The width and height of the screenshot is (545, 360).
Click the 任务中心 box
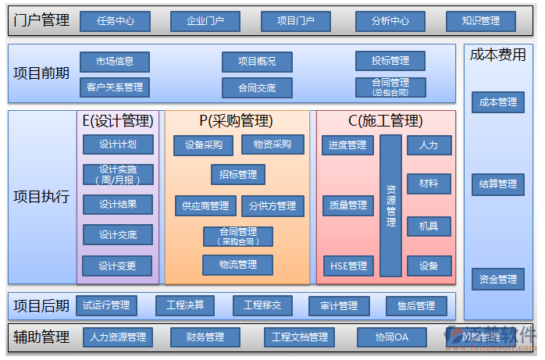tap(115, 21)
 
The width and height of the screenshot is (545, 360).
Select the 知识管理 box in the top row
tap(481, 21)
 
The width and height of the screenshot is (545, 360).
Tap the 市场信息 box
tap(115, 61)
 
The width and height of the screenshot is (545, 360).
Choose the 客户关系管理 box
tap(115, 87)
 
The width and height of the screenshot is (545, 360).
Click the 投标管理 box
tap(390, 61)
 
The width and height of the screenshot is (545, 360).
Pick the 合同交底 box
tap(257, 87)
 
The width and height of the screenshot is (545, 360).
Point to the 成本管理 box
tap(497, 102)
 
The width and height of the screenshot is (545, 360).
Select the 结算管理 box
tap(497, 184)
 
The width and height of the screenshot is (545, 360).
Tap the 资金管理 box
tap(497, 279)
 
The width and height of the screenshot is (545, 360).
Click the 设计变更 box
tap(118, 266)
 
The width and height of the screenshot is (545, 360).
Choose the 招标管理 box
tap(238, 174)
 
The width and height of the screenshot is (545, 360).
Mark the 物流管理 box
tap(238, 265)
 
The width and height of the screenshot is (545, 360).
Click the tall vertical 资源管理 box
tap(391, 205)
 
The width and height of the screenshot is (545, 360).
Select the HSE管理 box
tap(348, 266)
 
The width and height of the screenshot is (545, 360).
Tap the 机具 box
tap(429, 226)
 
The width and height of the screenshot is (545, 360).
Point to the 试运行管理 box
tap(106, 305)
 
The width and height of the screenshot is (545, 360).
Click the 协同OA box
tap(391, 337)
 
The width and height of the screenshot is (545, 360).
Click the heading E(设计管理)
tap(118, 121)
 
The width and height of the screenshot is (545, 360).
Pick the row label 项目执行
tap(41, 197)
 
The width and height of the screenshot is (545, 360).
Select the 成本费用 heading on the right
tap(497, 55)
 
